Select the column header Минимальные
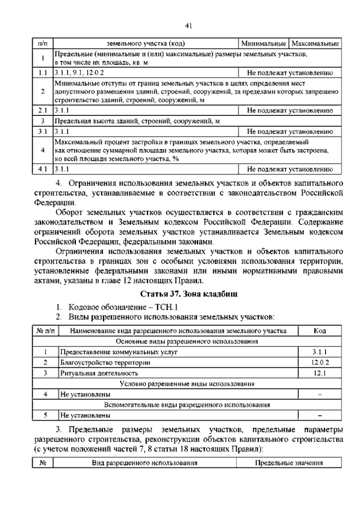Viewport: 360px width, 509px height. (x=263, y=43)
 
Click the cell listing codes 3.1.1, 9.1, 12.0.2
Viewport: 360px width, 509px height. (x=79, y=73)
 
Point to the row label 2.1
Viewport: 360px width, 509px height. (x=42, y=111)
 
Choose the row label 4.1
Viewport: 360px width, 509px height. (x=42, y=169)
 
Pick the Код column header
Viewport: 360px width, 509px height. (x=319, y=331)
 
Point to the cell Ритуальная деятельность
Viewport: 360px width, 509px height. (x=100, y=373)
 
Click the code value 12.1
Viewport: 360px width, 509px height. (x=319, y=373)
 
